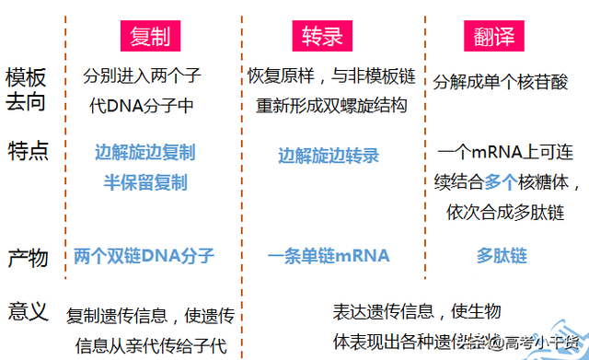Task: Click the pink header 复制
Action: click(149, 37)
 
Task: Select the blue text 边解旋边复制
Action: click(144, 152)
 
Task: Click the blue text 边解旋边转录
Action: click(329, 156)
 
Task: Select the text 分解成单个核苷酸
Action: click(502, 80)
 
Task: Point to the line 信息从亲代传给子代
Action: click(144, 346)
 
